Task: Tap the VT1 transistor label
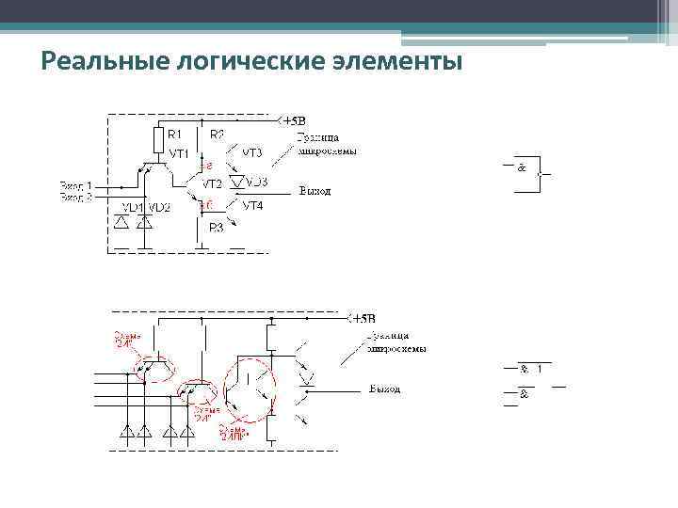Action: tap(180, 152)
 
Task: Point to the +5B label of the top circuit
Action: tap(294, 121)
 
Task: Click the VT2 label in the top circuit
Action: tap(212, 183)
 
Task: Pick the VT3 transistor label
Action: tap(251, 151)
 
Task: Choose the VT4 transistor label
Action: tap(253, 205)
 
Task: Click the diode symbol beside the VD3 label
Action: tap(238, 181)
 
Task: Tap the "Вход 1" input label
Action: tap(77, 185)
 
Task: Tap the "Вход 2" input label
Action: tap(77, 197)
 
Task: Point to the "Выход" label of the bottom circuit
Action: tap(384, 389)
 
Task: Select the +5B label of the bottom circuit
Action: tap(363, 317)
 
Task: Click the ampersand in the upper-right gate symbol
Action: tap(521, 167)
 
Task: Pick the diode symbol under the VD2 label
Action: tap(144, 223)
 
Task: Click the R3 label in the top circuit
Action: tap(216, 227)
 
